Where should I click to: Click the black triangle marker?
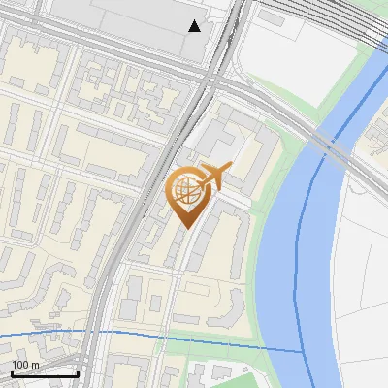195,26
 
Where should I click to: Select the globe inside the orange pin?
184,189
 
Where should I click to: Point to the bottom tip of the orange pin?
184,227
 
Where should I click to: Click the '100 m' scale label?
25,365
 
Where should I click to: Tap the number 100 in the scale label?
19,365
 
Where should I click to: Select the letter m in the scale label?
35,366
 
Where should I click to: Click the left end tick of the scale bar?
12,372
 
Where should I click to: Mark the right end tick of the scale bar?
78,372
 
